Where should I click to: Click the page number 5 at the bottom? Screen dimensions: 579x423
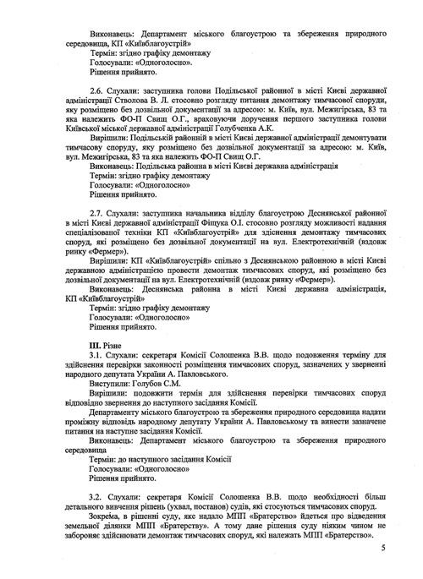(x=382, y=549)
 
